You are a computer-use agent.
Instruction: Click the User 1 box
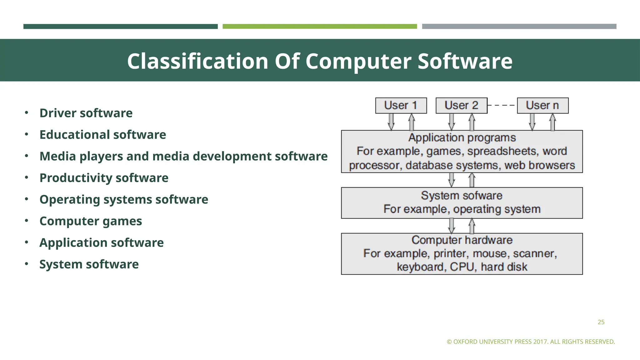[x=401, y=105]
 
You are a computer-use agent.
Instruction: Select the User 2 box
[x=461, y=105]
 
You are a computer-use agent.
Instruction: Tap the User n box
[x=542, y=105]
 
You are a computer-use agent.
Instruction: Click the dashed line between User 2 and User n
[x=502, y=105]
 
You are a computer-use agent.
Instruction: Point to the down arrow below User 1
[x=391, y=122]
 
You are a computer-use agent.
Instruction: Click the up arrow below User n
[x=552, y=122]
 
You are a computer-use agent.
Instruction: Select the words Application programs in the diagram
[x=462, y=137]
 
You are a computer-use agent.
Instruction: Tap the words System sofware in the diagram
[x=462, y=196]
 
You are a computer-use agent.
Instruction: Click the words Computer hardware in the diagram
[x=462, y=240]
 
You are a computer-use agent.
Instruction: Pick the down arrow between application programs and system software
[x=452, y=180]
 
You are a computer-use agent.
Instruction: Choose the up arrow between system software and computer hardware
[x=472, y=226]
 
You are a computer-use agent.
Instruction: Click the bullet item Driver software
[x=86, y=113]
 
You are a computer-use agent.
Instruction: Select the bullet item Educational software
[x=102, y=135]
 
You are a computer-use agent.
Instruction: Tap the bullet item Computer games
[x=91, y=221]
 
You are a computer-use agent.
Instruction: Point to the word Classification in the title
[x=197, y=61]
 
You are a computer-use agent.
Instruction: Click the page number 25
[x=601, y=322]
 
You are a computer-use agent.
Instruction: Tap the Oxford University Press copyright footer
[x=531, y=342]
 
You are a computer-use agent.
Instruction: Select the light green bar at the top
[x=320, y=27]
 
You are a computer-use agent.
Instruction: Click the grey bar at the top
[x=519, y=27]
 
